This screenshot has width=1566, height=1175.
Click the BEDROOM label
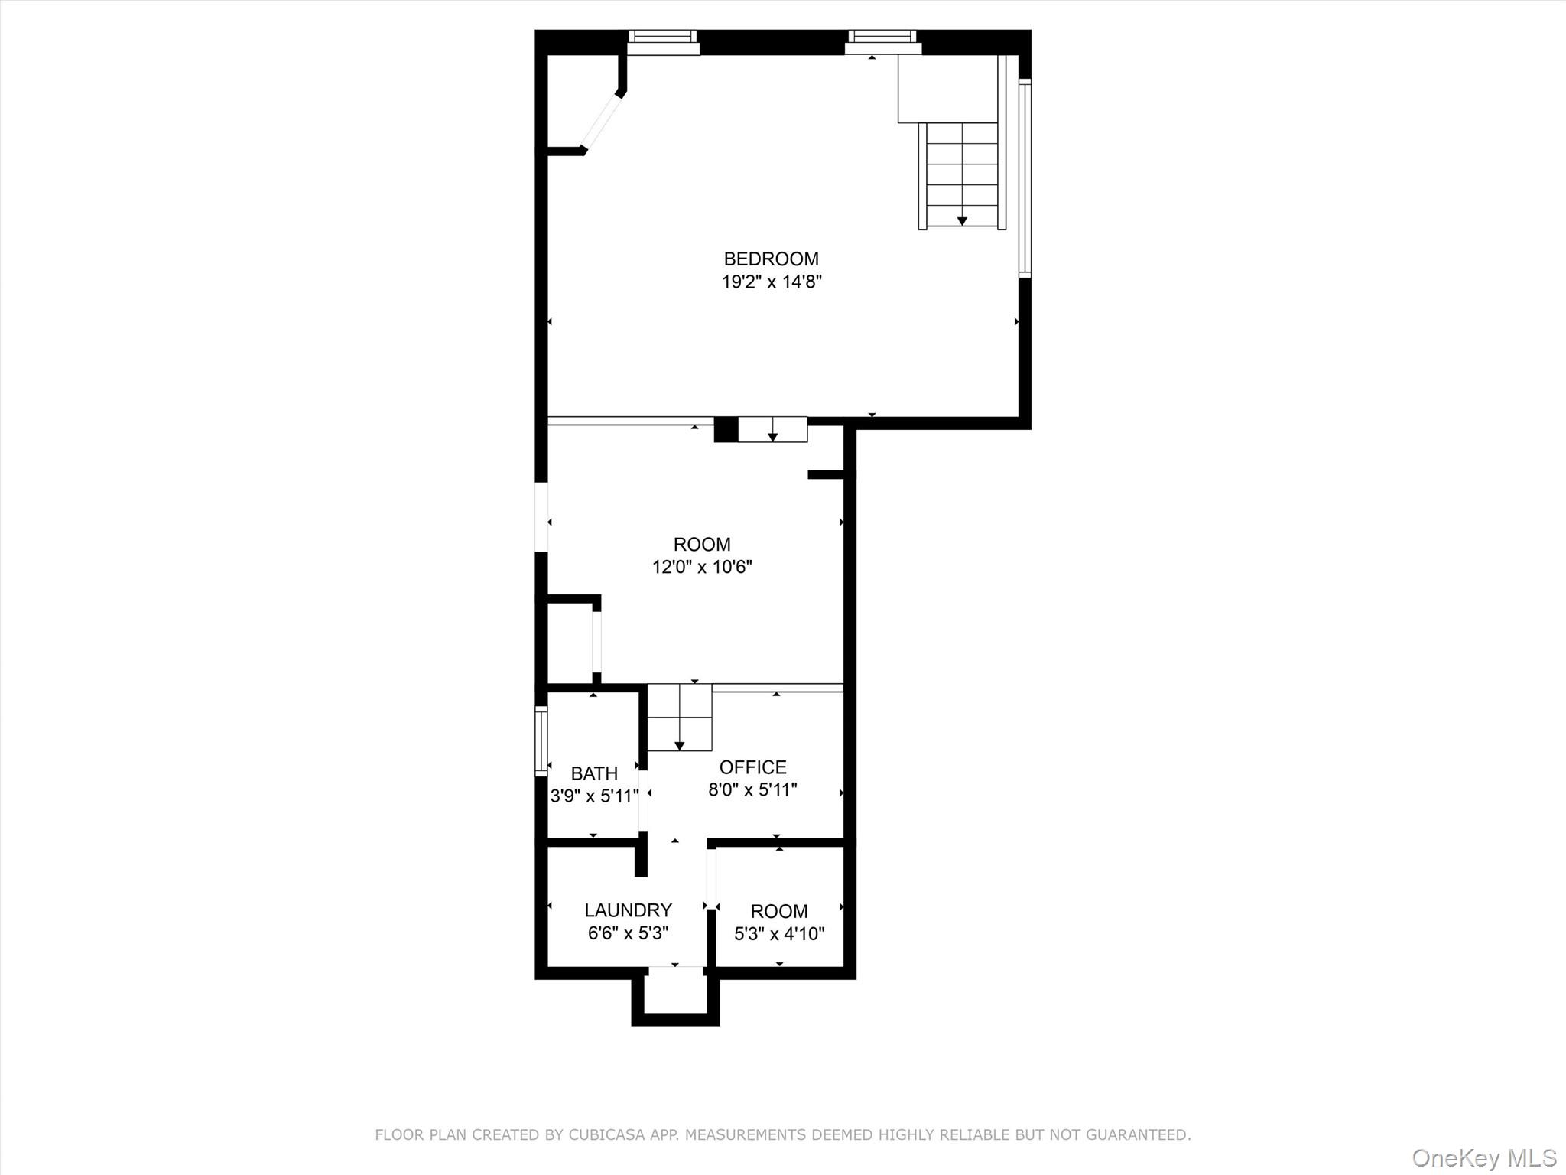click(771, 259)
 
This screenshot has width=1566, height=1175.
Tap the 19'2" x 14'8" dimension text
click(771, 282)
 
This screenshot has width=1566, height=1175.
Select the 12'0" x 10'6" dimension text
click(702, 568)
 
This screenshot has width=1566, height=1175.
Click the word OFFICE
click(752, 767)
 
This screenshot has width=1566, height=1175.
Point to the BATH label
click(594, 773)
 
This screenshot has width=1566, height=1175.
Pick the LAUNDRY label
click(628, 910)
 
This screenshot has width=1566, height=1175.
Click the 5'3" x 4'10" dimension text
click(779, 934)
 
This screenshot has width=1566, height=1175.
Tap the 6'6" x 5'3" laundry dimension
click(628, 933)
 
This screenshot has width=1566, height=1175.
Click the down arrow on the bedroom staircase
click(962, 220)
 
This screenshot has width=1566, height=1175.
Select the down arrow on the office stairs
click(679, 745)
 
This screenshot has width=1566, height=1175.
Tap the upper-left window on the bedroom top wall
click(663, 41)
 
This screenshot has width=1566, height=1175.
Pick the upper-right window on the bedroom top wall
click(882, 41)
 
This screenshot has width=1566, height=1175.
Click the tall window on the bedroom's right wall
click(1025, 177)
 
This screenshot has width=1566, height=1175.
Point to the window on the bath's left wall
click(541, 741)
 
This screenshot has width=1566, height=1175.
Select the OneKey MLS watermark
click(1483, 1157)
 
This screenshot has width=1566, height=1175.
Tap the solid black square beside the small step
click(726, 429)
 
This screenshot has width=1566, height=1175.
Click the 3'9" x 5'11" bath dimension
click(594, 796)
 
